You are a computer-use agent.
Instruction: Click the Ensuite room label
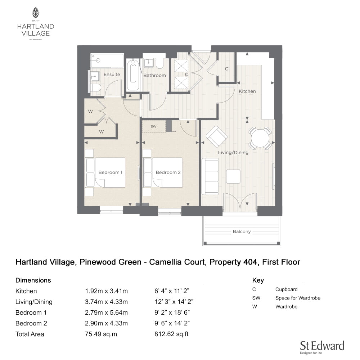[112, 75]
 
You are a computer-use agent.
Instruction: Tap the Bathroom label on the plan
[154, 75]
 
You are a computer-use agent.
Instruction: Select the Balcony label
[242, 231]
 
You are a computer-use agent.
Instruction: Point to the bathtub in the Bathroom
[133, 75]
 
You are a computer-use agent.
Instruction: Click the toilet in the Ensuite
[95, 88]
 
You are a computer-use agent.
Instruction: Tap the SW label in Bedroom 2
[154, 126]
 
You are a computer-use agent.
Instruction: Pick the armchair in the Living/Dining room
[217, 136]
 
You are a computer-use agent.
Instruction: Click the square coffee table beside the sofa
[233, 176]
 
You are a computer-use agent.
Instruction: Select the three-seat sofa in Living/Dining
[210, 176]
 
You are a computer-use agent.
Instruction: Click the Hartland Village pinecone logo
[36, 12]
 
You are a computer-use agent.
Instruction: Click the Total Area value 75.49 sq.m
[101, 334]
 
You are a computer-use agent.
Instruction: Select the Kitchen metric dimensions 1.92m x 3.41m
[106, 291]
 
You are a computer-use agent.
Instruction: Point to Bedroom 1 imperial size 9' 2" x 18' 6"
[172, 312]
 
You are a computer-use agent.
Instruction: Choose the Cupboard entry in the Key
[286, 289]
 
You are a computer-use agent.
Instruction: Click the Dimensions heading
[33, 280]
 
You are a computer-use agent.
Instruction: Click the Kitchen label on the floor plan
[247, 91]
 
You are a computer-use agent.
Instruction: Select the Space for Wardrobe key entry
[298, 298]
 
